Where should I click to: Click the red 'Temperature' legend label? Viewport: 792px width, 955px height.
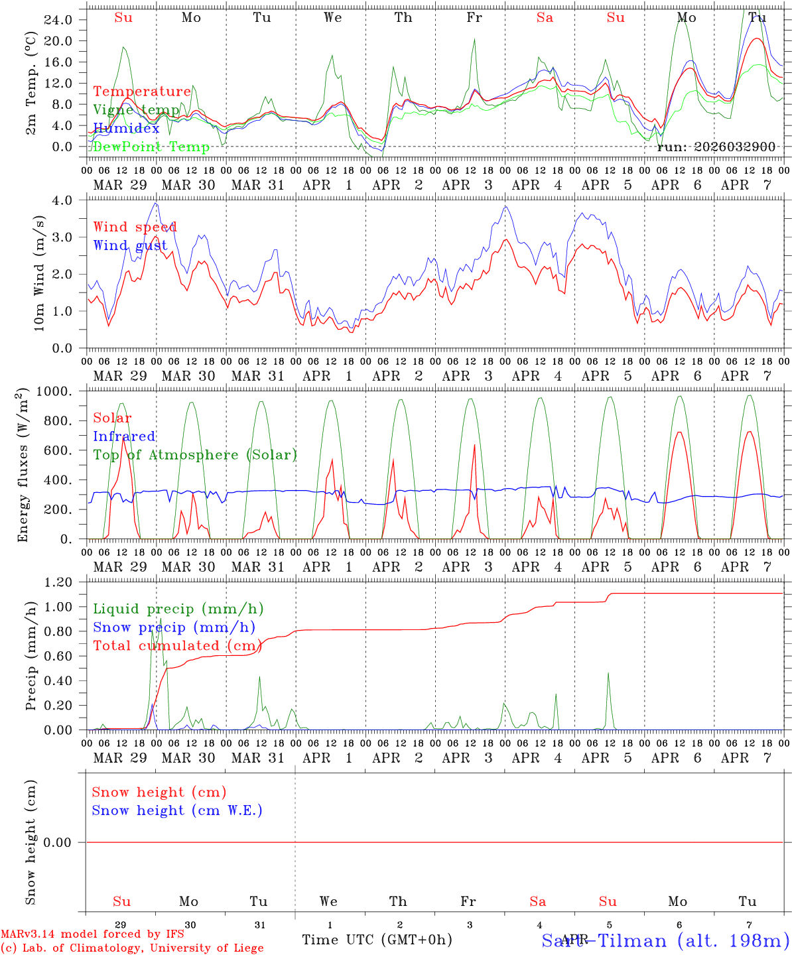point(142,92)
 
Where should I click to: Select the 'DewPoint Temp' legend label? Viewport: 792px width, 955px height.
point(151,147)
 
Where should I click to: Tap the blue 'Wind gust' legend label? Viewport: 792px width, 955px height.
point(130,245)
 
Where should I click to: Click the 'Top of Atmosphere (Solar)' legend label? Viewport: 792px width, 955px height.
point(195,455)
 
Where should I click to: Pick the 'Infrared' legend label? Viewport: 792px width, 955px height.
point(124,436)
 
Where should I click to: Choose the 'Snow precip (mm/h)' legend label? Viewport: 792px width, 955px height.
point(174,627)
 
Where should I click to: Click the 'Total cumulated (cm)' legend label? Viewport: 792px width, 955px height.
point(177,645)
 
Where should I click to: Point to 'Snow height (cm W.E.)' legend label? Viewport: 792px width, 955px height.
point(177,810)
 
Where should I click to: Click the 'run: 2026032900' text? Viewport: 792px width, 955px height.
point(716,147)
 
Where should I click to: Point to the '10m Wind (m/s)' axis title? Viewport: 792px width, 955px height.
point(39,273)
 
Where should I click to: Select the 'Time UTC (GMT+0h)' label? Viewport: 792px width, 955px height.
point(377,940)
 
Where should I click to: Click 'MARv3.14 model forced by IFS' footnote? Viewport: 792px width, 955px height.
point(92,934)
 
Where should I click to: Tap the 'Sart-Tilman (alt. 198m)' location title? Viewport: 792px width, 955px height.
point(665,940)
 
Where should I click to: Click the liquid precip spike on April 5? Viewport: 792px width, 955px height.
point(608,675)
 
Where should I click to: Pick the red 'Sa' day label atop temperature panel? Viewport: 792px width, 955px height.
point(545,18)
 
